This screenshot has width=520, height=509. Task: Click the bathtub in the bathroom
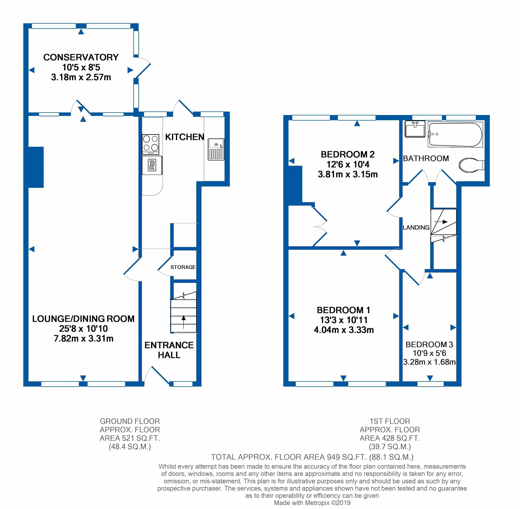[x=455, y=135]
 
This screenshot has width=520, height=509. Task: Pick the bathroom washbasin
[x=415, y=129]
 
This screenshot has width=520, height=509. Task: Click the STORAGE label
[x=183, y=267]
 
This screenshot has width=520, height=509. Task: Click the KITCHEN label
[x=185, y=137]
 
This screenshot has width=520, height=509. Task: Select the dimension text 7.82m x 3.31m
[x=84, y=338]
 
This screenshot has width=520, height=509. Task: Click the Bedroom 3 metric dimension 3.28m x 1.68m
[x=429, y=362]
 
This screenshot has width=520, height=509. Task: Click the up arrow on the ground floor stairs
[x=184, y=322]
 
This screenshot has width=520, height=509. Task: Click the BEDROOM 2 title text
[x=348, y=154]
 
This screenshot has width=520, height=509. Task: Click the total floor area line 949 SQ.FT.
[x=312, y=457]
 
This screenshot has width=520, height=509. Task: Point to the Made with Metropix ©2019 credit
[x=312, y=503]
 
